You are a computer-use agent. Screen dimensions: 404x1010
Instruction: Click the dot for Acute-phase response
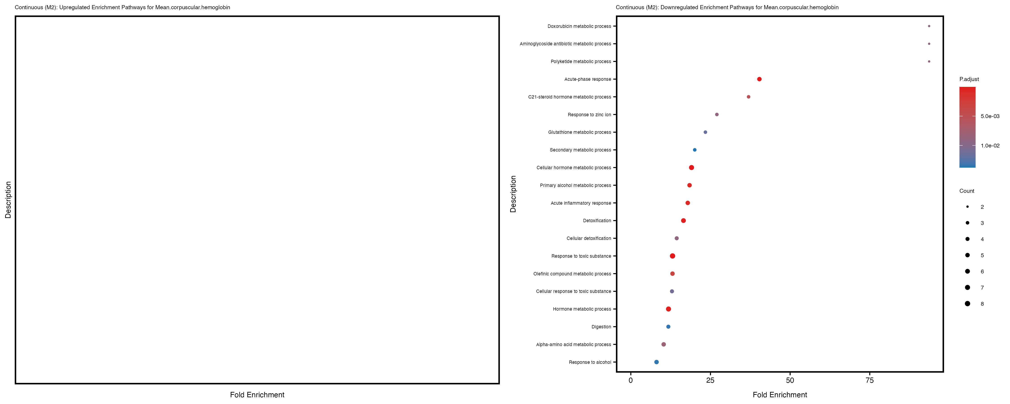tap(759, 79)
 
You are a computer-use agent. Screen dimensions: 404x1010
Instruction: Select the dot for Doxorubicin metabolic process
tap(929, 26)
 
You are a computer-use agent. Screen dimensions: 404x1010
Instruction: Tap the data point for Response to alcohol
tap(656, 362)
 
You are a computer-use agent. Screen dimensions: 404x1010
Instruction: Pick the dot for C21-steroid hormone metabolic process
tap(749, 97)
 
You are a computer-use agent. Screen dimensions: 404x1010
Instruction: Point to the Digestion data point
tap(668, 327)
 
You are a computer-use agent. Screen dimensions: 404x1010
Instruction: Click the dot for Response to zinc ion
tap(717, 114)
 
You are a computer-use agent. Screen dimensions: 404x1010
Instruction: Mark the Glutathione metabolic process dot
tap(705, 132)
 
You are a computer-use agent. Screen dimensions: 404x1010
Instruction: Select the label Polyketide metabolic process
tap(581, 61)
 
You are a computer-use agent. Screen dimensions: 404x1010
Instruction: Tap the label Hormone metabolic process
tap(582, 309)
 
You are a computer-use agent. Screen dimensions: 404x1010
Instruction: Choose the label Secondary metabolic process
tap(580, 150)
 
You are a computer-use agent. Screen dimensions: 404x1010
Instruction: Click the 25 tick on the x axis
tap(710, 380)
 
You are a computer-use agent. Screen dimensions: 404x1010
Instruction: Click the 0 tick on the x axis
tap(630, 380)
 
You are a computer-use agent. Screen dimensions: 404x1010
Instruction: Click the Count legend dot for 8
tap(968, 304)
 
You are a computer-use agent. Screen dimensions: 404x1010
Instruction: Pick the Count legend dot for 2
tap(968, 207)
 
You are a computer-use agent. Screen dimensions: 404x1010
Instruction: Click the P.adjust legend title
tap(969, 79)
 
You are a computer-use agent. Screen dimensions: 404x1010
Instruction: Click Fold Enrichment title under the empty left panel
tap(257, 395)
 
